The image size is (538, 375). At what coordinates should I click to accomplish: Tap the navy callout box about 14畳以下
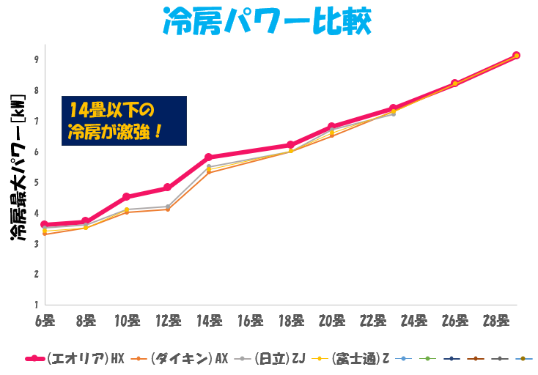[124, 121]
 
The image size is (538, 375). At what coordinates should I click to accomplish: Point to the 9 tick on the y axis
[35, 59]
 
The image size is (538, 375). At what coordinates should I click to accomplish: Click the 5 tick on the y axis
[35, 182]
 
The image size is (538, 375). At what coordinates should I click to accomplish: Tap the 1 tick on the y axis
[35, 304]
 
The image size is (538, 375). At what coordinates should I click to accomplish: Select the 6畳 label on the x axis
[45, 320]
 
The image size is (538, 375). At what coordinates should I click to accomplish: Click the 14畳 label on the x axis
[210, 320]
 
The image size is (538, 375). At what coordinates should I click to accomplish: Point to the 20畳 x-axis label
[332, 320]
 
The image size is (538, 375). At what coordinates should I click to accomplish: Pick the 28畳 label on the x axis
[496, 320]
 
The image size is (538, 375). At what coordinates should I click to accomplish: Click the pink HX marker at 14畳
[209, 157]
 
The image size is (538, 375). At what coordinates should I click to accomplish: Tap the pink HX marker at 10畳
[127, 197]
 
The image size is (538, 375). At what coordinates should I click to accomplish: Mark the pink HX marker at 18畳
[291, 145]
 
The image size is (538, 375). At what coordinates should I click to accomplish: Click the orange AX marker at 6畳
[45, 234]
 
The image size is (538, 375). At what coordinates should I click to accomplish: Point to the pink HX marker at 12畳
[168, 187]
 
